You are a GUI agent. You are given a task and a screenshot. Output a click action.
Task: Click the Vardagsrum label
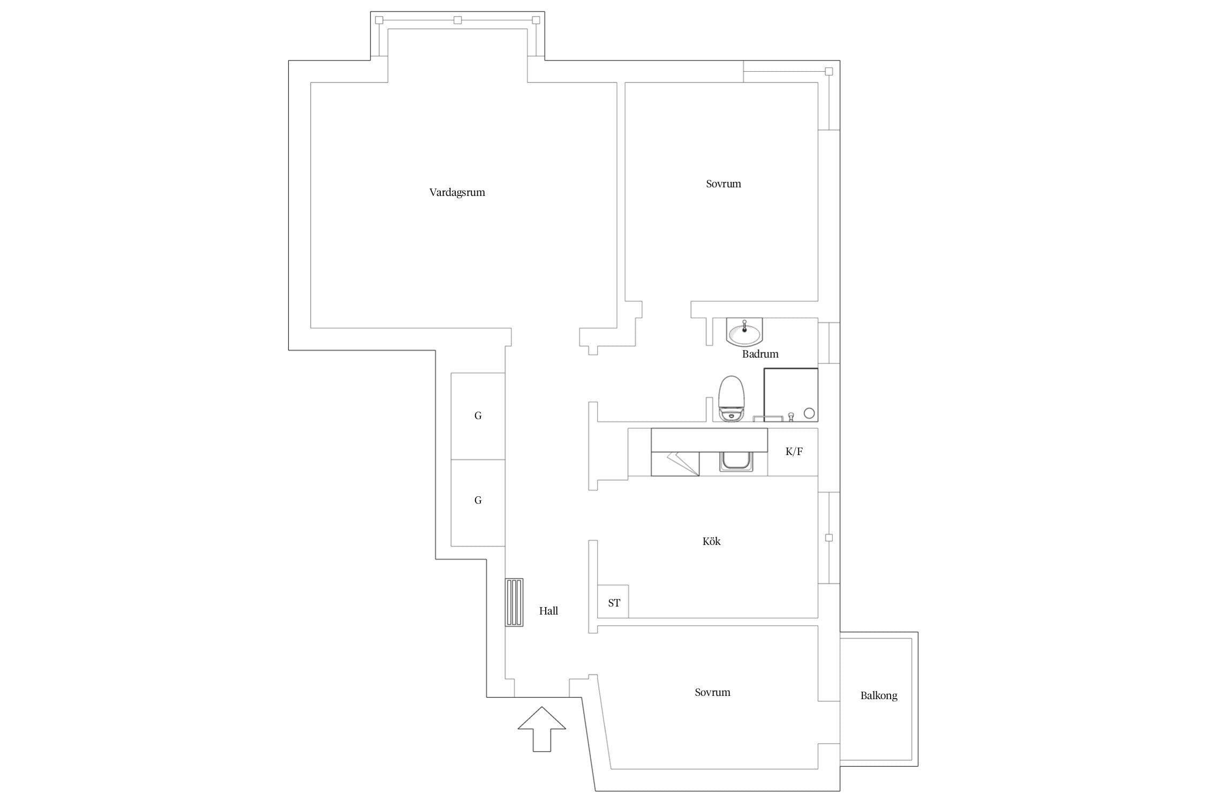coord(457,193)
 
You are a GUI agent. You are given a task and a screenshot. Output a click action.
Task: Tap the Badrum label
coord(760,354)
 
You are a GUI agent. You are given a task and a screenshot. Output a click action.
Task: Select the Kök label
coord(711,541)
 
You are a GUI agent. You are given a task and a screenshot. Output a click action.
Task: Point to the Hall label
coord(548,611)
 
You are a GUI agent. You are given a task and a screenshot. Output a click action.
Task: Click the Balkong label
coord(879,696)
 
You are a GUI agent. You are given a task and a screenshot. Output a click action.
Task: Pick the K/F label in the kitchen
coord(794,451)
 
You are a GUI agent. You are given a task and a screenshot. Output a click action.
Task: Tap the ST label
coord(614,603)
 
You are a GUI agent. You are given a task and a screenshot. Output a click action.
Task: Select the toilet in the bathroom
coord(731,399)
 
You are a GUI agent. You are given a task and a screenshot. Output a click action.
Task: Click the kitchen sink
coord(736,461)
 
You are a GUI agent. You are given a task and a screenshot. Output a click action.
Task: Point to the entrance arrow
coord(541,729)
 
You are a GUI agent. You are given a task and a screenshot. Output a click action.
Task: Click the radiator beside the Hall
coord(515,602)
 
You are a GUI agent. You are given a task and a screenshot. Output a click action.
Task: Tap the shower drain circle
coord(809,413)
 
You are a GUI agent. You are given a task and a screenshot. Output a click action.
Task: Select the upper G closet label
coord(478,415)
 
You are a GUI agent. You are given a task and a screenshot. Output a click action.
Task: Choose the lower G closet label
coord(478,500)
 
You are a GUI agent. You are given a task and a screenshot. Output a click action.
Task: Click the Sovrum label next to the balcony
coord(712,692)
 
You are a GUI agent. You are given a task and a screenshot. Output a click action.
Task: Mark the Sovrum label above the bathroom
coord(723,184)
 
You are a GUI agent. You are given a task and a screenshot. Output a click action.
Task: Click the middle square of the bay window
coord(457,20)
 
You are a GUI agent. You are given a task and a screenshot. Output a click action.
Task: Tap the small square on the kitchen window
coord(829,537)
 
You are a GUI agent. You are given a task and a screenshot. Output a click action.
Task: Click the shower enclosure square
coord(791,395)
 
